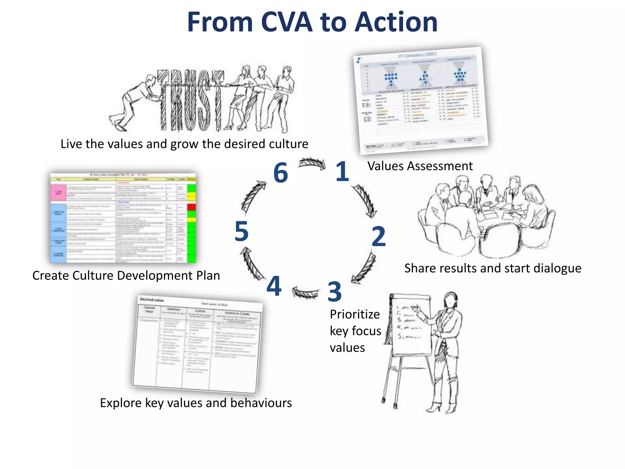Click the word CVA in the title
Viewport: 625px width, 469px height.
point(287,22)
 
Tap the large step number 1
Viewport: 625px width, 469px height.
point(342,172)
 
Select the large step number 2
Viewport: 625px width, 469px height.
point(379,236)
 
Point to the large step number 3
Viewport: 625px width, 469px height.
point(334,292)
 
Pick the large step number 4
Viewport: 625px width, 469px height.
point(274,286)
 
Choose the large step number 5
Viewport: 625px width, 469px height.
point(241,231)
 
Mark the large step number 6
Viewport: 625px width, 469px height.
point(281,173)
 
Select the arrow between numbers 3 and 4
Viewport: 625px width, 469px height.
point(305,293)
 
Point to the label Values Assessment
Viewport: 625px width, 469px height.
point(420,166)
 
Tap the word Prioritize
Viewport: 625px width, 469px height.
point(355,314)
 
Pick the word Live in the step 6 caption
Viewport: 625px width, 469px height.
point(71,144)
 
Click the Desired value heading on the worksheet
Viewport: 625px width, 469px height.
point(152,300)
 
